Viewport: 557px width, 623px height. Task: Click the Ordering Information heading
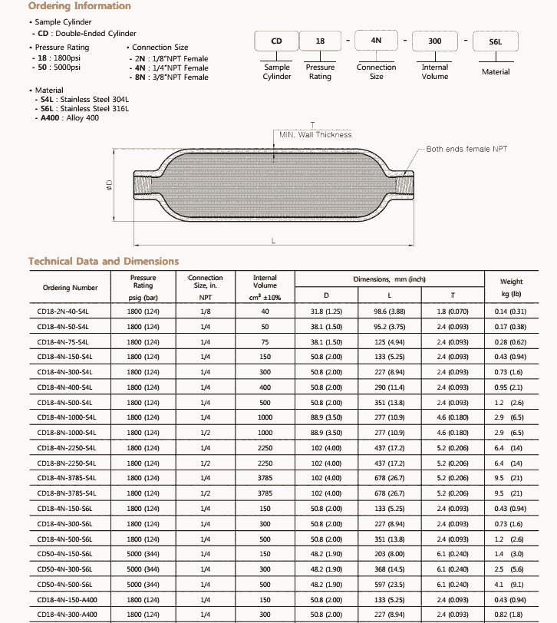pyautogui.click(x=79, y=6)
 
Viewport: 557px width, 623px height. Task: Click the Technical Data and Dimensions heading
pyautogui.click(x=104, y=261)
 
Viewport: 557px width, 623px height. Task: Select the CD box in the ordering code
pyautogui.click(x=276, y=41)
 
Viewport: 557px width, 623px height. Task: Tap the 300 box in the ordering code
pyautogui.click(x=434, y=41)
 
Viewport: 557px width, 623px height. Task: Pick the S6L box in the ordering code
pyautogui.click(x=495, y=41)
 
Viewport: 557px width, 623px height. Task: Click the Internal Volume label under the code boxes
pyautogui.click(x=434, y=72)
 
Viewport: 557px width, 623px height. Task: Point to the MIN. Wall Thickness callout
pyautogui.click(x=315, y=134)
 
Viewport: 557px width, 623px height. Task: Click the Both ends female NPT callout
pyautogui.click(x=466, y=149)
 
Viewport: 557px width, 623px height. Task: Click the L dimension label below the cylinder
pyautogui.click(x=273, y=241)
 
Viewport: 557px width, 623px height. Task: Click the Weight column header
pyautogui.click(x=511, y=287)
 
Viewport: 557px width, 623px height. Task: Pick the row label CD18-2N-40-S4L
pyautogui.click(x=63, y=311)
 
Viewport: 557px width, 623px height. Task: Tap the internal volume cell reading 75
pyautogui.click(x=265, y=342)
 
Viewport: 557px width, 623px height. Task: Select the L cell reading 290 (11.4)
pyautogui.click(x=389, y=387)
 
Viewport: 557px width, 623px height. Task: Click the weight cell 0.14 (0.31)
pyautogui.click(x=511, y=311)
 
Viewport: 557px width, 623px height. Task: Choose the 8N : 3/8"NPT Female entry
pyautogui.click(x=170, y=77)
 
